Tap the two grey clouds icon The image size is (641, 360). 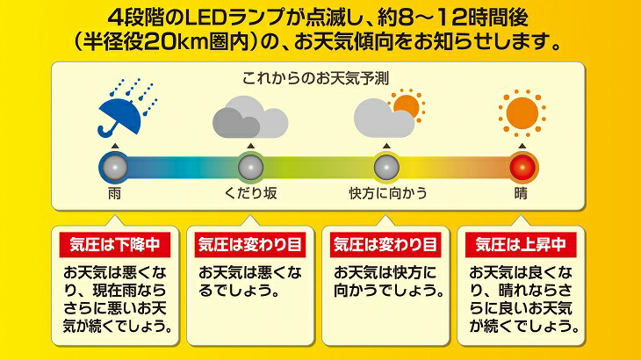point(249,118)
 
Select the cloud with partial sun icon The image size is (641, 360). point(387,114)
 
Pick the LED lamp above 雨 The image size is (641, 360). point(112,166)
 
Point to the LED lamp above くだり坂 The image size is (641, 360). point(250,166)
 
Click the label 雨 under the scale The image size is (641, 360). point(114,193)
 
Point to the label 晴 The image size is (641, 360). point(522,193)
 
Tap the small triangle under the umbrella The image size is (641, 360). point(112,146)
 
